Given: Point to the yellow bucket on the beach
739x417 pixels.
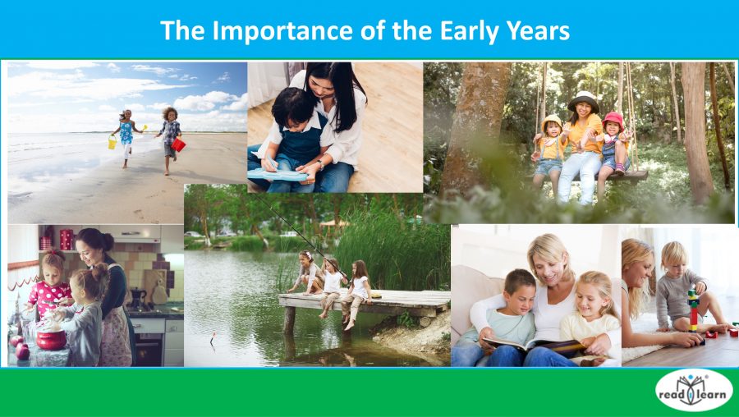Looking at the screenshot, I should (112, 142).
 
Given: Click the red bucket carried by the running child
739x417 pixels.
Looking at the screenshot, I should (178, 144).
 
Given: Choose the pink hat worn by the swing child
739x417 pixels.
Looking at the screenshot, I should (613, 121).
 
